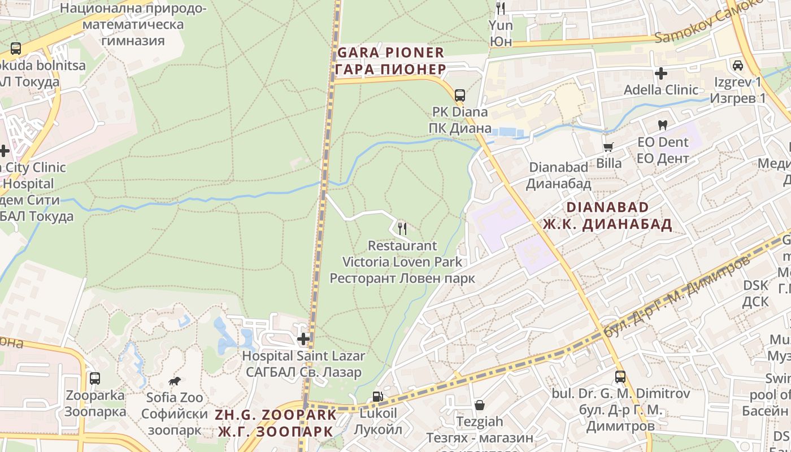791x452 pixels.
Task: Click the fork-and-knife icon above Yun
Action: [x=500, y=8]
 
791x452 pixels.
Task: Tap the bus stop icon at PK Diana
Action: [x=460, y=95]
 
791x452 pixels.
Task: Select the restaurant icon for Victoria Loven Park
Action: [x=402, y=228]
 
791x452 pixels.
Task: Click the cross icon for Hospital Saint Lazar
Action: [x=304, y=339]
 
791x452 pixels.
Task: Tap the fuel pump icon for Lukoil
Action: [x=377, y=397]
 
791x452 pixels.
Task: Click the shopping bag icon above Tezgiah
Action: [x=480, y=405]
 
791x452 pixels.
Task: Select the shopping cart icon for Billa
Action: [x=609, y=147]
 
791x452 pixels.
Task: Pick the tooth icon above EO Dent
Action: [x=662, y=125]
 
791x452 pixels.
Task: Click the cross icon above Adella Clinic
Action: [x=660, y=73]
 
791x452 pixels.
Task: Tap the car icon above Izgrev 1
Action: [x=737, y=66]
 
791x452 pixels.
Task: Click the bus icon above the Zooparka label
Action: [x=95, y=379]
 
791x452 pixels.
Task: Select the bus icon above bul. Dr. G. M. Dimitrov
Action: [x=620, y=376]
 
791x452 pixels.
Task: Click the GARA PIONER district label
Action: [x=390, y=53]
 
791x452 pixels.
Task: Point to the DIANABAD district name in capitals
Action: [x=607, y=207]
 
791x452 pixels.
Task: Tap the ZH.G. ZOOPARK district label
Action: [x=275, y=415]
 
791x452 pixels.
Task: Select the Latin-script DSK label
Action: [x=756, y=285]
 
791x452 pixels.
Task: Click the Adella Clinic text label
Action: [x=660, y=90]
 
